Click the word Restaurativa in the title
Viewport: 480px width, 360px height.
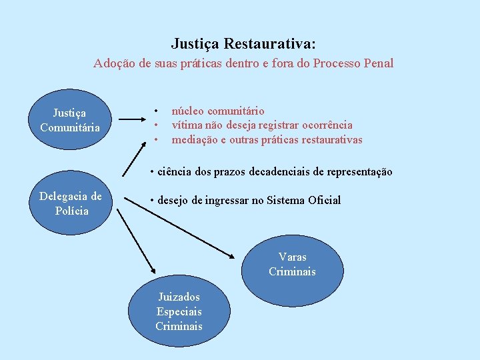[270, 44]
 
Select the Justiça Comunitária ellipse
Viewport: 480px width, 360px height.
[69, 121]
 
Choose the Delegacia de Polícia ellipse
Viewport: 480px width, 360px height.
[71, 203]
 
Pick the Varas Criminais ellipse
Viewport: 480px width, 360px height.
[292, 265]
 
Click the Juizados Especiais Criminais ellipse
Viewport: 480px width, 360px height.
[179, 311]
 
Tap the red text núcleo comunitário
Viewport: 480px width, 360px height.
[218, 111]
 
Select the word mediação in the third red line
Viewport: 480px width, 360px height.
[194, 139]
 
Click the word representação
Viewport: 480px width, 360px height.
[359, 172]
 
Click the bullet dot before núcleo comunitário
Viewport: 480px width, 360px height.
[156, 111]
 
